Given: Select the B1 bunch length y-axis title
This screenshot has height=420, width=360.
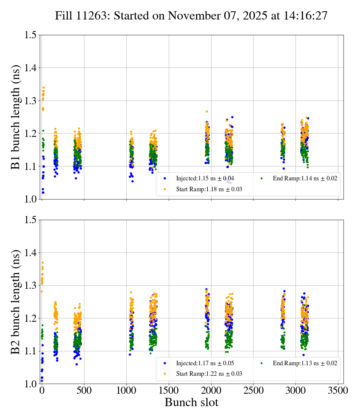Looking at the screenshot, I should pos(16,117).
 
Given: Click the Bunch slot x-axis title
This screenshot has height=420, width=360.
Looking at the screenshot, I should pos(191,403).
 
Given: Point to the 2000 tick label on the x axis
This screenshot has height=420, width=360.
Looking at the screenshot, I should pos(211,390).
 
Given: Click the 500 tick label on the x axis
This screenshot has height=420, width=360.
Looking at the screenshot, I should pos(84,390).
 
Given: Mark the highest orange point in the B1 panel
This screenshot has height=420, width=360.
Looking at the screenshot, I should pos(43,88).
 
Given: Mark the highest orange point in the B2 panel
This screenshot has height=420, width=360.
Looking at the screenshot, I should pos(42,263).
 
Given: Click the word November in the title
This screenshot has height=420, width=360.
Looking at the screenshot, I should pos(190,16).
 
